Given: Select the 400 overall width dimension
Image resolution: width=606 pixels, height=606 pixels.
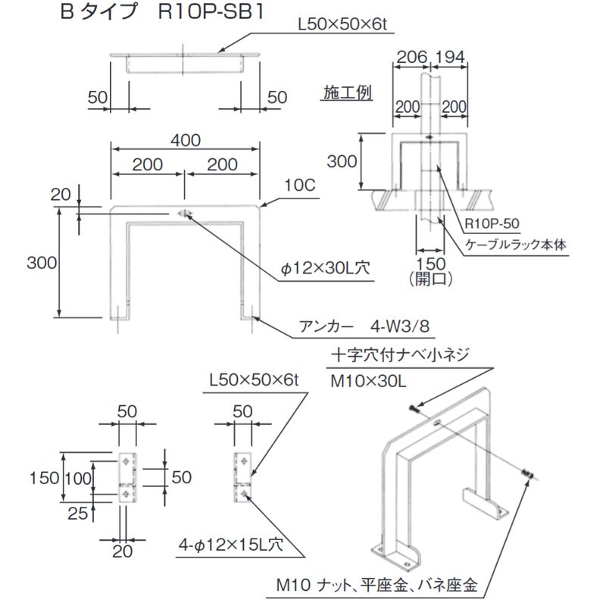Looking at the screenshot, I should pyautogui.click(x=186, y=141).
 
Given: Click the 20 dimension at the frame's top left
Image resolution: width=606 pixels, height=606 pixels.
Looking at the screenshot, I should pyautogui.click(x=60, y=195).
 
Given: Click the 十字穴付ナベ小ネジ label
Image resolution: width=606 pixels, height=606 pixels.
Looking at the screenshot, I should pyautogui.click(x=401, y=354).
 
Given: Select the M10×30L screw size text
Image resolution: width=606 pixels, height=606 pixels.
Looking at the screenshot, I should pyautogui.click(x=370, y=381).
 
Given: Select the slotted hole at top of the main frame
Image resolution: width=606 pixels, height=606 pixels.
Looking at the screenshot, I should pyautogui.click(x=184, y=214).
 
